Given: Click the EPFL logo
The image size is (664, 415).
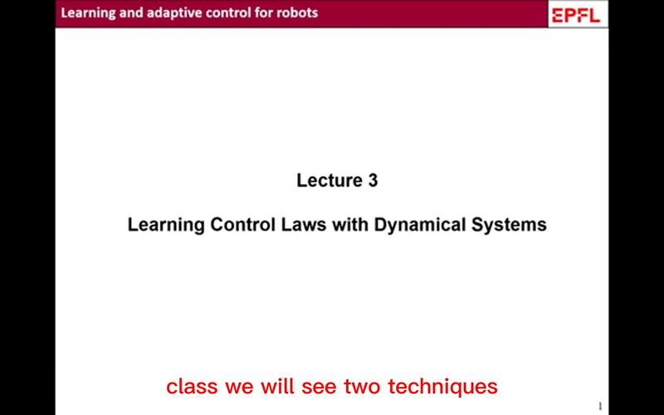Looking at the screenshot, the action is coord(576,15).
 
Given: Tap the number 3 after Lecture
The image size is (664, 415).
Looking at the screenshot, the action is coord(372,180).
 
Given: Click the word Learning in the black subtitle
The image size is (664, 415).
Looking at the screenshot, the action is coord(167,225).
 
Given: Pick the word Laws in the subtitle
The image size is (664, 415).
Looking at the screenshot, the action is coord(304,224).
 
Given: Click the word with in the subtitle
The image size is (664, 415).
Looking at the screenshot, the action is coord(350,224).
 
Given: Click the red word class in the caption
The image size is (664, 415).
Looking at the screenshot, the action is coord(193,386).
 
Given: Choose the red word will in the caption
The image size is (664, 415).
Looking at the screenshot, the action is coord(277,386).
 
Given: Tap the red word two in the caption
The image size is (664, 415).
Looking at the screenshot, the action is coord(363,387).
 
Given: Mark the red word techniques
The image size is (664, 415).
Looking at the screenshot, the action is coord(442,387).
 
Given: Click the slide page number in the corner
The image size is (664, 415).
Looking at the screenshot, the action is coord(600,406).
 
